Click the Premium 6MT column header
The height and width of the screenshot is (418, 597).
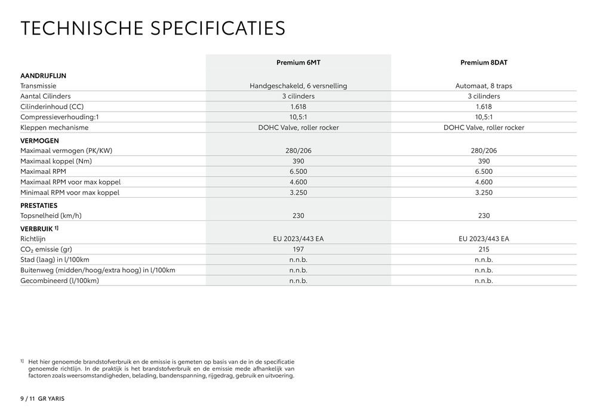point(298,62)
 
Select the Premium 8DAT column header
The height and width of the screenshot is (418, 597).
point(484,62)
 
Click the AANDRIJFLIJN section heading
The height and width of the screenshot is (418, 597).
point(43,76)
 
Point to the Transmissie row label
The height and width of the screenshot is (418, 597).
point(38,86)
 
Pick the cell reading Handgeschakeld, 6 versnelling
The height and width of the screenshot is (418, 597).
point(298,86)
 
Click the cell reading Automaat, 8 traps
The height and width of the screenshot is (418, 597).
point(484,86)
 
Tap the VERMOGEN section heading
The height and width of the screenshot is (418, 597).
point(39,140)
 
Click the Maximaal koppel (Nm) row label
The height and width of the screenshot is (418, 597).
point(56,161)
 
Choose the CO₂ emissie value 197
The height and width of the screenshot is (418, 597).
point(298,249)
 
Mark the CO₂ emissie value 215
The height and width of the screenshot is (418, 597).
point(484,249)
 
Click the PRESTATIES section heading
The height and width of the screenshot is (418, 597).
point(39,205)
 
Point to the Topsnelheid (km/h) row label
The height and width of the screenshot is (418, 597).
point(51,216)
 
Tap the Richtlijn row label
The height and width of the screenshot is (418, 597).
point(33,239)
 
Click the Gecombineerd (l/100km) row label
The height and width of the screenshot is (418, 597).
point(59,280)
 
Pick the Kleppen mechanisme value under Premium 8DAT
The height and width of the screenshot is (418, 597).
point(484,127)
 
